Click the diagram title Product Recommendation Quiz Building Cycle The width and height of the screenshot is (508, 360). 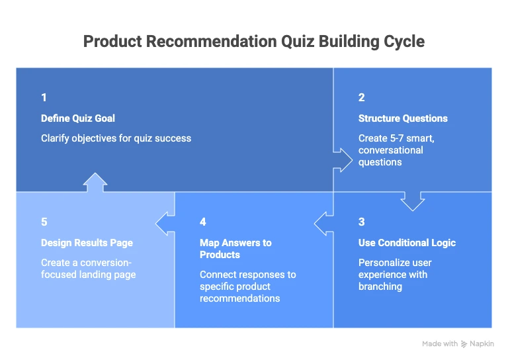[x=254, y=41]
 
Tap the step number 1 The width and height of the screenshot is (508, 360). [x=44, y=97]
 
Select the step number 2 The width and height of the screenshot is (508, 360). [x=362, y=97]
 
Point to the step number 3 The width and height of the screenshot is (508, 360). [x=362, y=222]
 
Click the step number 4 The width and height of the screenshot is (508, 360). [x=203, y=222]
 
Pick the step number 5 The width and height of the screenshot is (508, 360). [x=44, y=222]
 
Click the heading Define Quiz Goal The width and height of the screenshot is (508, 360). [x=78, y=118]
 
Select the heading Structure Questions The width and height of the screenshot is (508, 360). [x=403, y=118]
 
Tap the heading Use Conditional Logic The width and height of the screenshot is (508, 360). [x=407, y=243]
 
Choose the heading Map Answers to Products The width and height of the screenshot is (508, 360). [x=235, y=249]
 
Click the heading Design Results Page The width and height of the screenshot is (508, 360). [x=87, y=243]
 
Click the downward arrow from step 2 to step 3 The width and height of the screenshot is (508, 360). [x=412, y=201]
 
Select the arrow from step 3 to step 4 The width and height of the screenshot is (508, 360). [x=323, y=224]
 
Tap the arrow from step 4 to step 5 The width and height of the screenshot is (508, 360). [x=165, y=224]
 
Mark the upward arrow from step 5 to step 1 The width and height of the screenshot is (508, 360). [x=95, y=182]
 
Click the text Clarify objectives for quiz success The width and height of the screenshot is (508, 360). [x=116, y=138]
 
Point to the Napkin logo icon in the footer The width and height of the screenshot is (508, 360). [x=464, y=343]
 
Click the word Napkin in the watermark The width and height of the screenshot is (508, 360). [x=482, y=343]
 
